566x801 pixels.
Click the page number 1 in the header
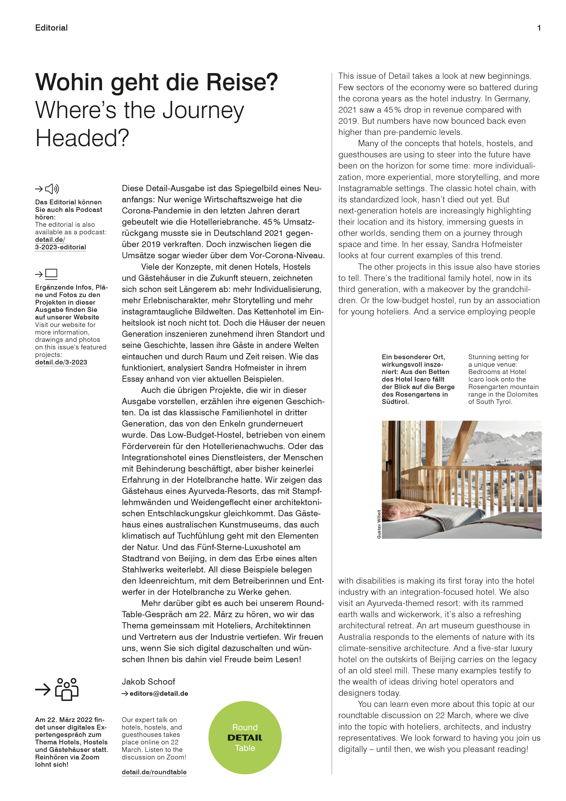pos(539,28)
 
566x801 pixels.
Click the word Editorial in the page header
pos(51,28)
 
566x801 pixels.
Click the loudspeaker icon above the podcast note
pos(52,189)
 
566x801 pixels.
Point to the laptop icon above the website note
pos(51,274)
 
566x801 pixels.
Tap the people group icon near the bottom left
pos(67,689)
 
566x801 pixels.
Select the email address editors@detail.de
pos(159,693)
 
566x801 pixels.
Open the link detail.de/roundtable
pos(154,772)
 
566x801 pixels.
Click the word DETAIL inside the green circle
pos(245,738)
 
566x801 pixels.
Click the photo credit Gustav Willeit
pos(379,524)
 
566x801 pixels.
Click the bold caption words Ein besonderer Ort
pos(413,357)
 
